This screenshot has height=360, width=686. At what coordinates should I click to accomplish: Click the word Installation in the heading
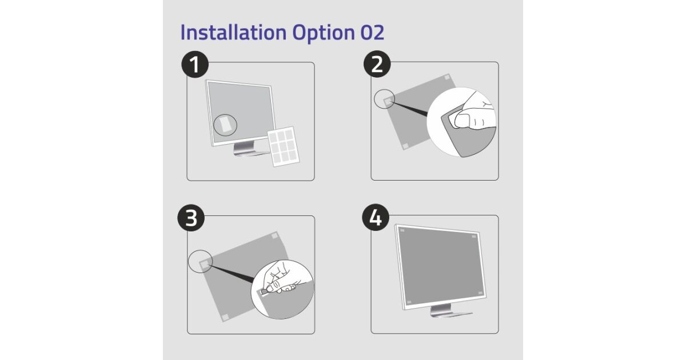point(233,32)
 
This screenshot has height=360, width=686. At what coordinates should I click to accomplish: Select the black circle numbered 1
point(195,64)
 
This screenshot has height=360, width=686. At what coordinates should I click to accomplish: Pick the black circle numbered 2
point(377,64)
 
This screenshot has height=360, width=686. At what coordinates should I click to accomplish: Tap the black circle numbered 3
point(191,218)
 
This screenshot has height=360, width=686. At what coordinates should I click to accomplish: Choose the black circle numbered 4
point(376,217)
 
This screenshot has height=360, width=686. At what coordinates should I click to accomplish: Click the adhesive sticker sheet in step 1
point(284,147)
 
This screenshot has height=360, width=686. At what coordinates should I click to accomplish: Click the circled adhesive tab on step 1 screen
point(225,125)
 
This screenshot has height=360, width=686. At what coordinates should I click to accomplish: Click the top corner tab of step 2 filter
point(447,77)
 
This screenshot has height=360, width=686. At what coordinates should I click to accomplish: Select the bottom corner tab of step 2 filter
point(406,146)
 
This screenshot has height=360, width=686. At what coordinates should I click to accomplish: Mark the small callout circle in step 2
point(384,99)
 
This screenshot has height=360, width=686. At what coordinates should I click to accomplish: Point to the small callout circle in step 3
point(200,261)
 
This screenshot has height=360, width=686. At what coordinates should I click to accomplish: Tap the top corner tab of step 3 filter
point(274,235)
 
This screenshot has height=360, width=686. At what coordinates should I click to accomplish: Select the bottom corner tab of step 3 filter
point(225,317)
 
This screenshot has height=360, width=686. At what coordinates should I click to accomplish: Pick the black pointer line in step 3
point(233,273)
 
